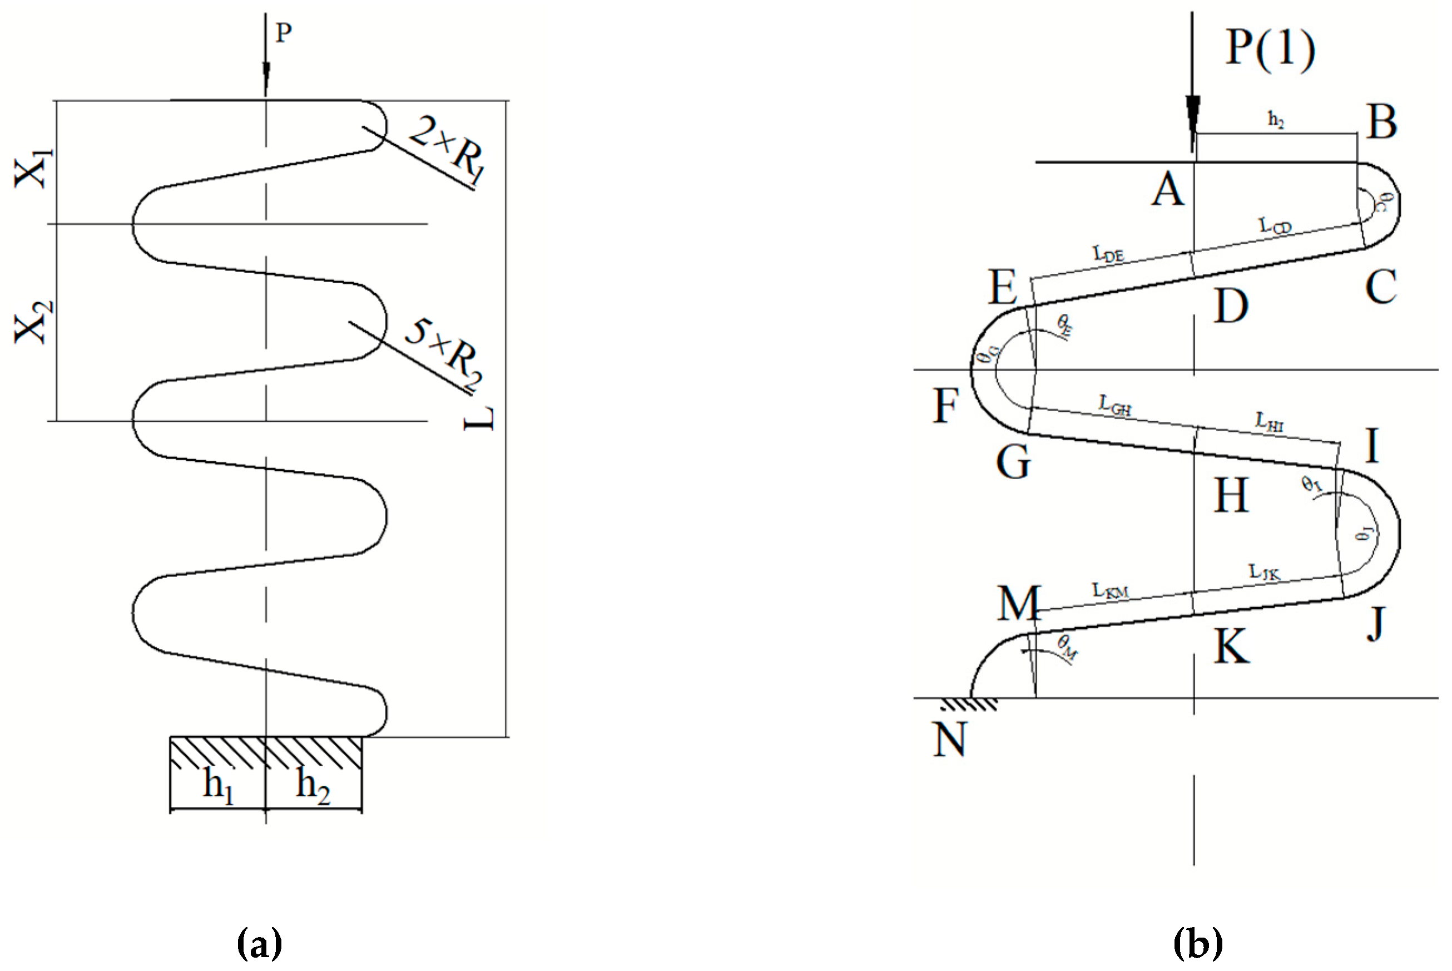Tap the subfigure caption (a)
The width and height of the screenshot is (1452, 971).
[259, 943]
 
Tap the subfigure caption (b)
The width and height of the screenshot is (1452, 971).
[1198, 943]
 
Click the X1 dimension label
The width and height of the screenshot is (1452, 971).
[33, 169]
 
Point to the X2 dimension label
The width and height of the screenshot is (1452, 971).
[33, 322]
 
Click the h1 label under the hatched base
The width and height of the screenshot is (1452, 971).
[219, 785]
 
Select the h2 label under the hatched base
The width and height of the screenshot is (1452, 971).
[313, 785]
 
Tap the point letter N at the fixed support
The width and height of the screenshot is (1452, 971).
[949, 740]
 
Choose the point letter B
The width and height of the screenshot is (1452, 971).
[1382, 122]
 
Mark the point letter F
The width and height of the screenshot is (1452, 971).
[946, 406]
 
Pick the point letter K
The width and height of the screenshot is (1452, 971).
[1231, 648]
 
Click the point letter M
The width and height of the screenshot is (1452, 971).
[1018, 604]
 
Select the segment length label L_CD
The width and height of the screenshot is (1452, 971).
[1275, 225]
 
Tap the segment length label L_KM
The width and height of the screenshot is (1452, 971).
[1111, 591]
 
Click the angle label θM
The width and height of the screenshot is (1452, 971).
[1068, 647]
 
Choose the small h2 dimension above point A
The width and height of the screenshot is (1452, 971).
[1276, 119]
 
